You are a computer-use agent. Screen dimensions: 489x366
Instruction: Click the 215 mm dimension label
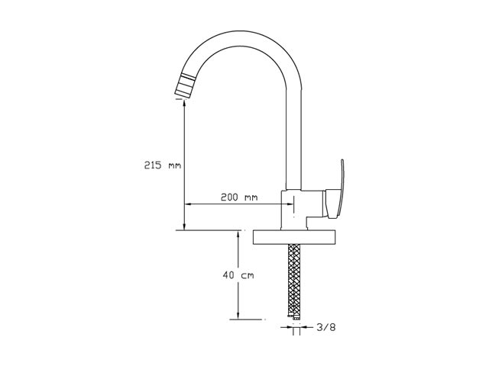point(163,165)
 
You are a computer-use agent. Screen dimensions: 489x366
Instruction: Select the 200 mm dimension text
point(239,197)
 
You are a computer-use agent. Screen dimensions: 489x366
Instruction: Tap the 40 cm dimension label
point(238,275)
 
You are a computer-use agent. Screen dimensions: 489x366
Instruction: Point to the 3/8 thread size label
point(326,327)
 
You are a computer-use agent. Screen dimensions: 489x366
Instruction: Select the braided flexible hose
point(293,279)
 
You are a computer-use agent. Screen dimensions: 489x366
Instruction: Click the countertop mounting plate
point(294,237)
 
